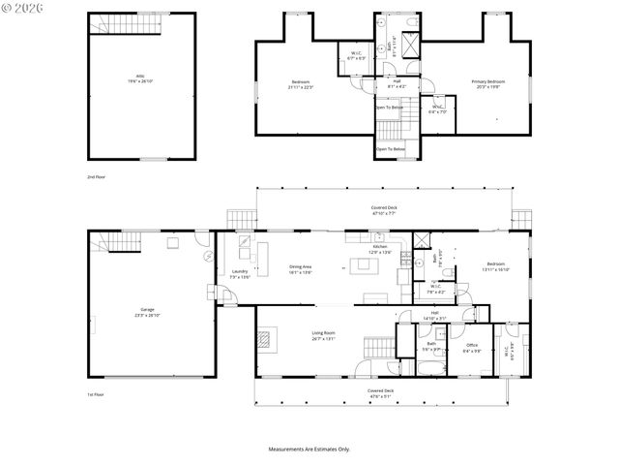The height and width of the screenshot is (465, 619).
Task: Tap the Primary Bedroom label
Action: click(487, 83)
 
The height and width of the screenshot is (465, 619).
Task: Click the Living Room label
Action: click(323, 335)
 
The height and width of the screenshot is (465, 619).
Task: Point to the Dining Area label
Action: click(300, 269)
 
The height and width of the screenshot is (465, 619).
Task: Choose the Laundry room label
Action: click(238, 274)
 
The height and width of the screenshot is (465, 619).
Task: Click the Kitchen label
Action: click(380, 249)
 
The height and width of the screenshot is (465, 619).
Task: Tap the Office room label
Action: click(472, 348)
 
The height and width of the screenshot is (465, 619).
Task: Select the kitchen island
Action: click(371, 269)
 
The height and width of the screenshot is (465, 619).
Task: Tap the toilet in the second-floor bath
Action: click(412, 20)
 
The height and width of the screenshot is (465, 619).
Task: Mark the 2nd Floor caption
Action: click(96, 177)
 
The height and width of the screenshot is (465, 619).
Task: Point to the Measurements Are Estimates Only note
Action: click(309, 449)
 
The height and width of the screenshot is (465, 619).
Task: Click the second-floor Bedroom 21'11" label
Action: click(300, 84)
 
